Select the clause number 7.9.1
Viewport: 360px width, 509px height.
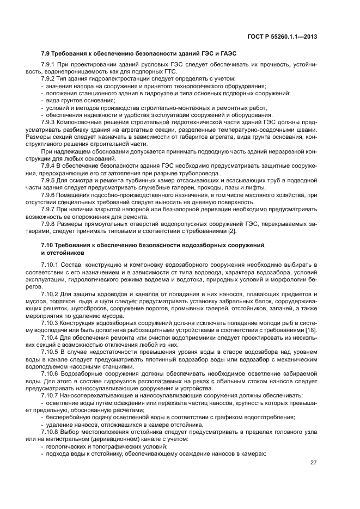(50, 65)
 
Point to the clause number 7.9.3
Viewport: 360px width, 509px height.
(50, 122)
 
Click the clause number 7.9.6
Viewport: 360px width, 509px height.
(50, 194)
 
